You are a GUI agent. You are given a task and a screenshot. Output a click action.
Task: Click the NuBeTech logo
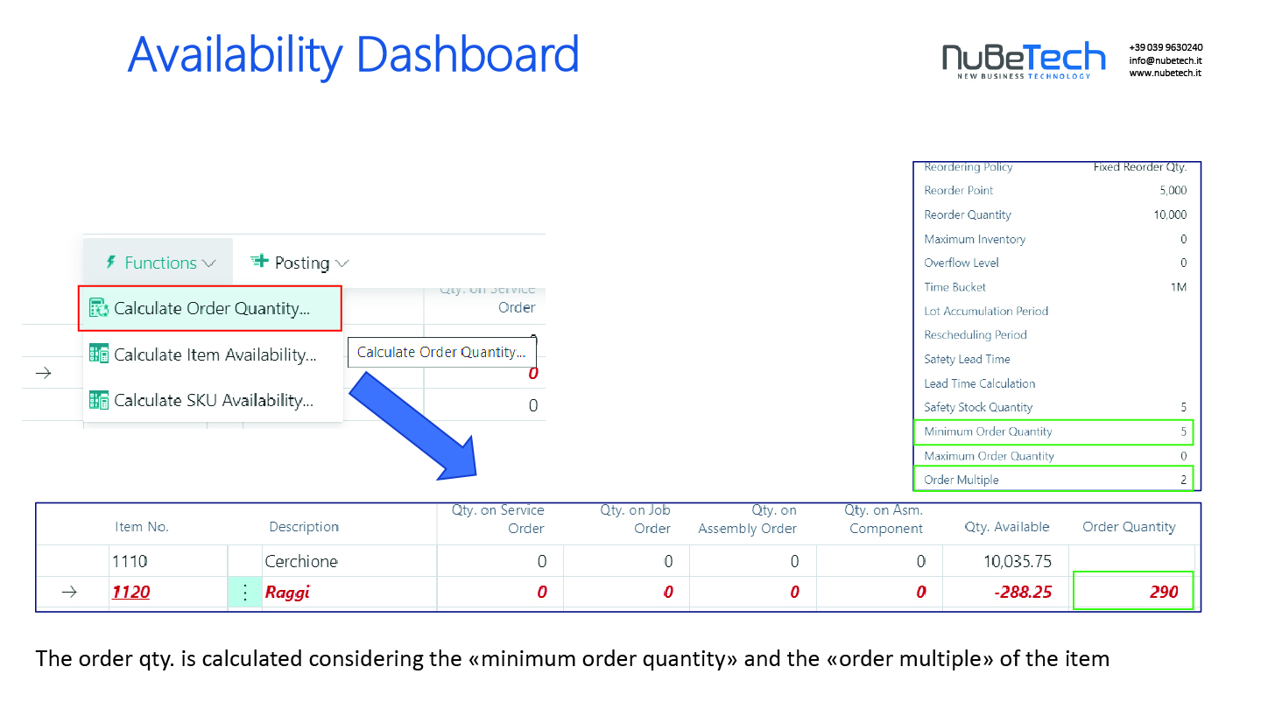1024,60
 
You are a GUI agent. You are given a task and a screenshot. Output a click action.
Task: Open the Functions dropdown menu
159,263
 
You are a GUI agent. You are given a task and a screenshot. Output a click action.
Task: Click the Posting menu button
299,263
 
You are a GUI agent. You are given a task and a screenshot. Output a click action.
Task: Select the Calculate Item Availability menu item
202,354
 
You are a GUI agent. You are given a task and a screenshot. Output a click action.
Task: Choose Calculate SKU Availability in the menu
201,400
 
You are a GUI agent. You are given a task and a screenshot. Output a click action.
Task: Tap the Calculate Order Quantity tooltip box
442,352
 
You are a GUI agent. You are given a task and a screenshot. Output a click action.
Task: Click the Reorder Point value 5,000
1173,190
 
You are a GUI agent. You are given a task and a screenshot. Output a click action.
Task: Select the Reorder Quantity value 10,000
1170,214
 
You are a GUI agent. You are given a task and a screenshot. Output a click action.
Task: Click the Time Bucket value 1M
1179,287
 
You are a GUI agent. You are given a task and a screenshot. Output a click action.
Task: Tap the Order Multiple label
961,480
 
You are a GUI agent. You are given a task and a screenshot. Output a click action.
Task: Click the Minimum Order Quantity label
988,432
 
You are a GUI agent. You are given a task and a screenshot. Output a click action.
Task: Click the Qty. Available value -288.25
1022,592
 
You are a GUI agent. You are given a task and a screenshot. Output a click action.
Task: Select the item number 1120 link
130,592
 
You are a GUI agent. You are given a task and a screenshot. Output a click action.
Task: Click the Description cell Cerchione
301,561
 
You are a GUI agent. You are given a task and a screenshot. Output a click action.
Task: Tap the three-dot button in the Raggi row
245,592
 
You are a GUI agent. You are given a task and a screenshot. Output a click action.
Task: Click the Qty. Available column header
1006,527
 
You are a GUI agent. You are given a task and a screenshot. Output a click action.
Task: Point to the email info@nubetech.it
1166,60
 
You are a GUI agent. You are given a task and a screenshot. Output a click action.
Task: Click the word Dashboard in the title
468,54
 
